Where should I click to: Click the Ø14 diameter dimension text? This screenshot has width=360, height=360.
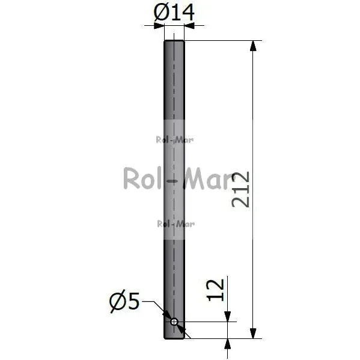174,12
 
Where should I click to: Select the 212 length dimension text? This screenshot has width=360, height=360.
240,189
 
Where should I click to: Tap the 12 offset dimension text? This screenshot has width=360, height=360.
215,290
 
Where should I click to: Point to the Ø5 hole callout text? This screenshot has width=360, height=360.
124,301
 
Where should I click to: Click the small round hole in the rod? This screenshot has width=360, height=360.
174,322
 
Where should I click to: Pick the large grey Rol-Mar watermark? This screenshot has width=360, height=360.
178,178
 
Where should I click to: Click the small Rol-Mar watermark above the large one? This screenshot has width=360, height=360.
174,140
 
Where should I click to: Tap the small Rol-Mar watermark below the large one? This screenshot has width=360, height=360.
176,224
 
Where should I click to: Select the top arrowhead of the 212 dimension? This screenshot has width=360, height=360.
253,46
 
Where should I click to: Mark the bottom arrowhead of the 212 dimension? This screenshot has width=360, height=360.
253,333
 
